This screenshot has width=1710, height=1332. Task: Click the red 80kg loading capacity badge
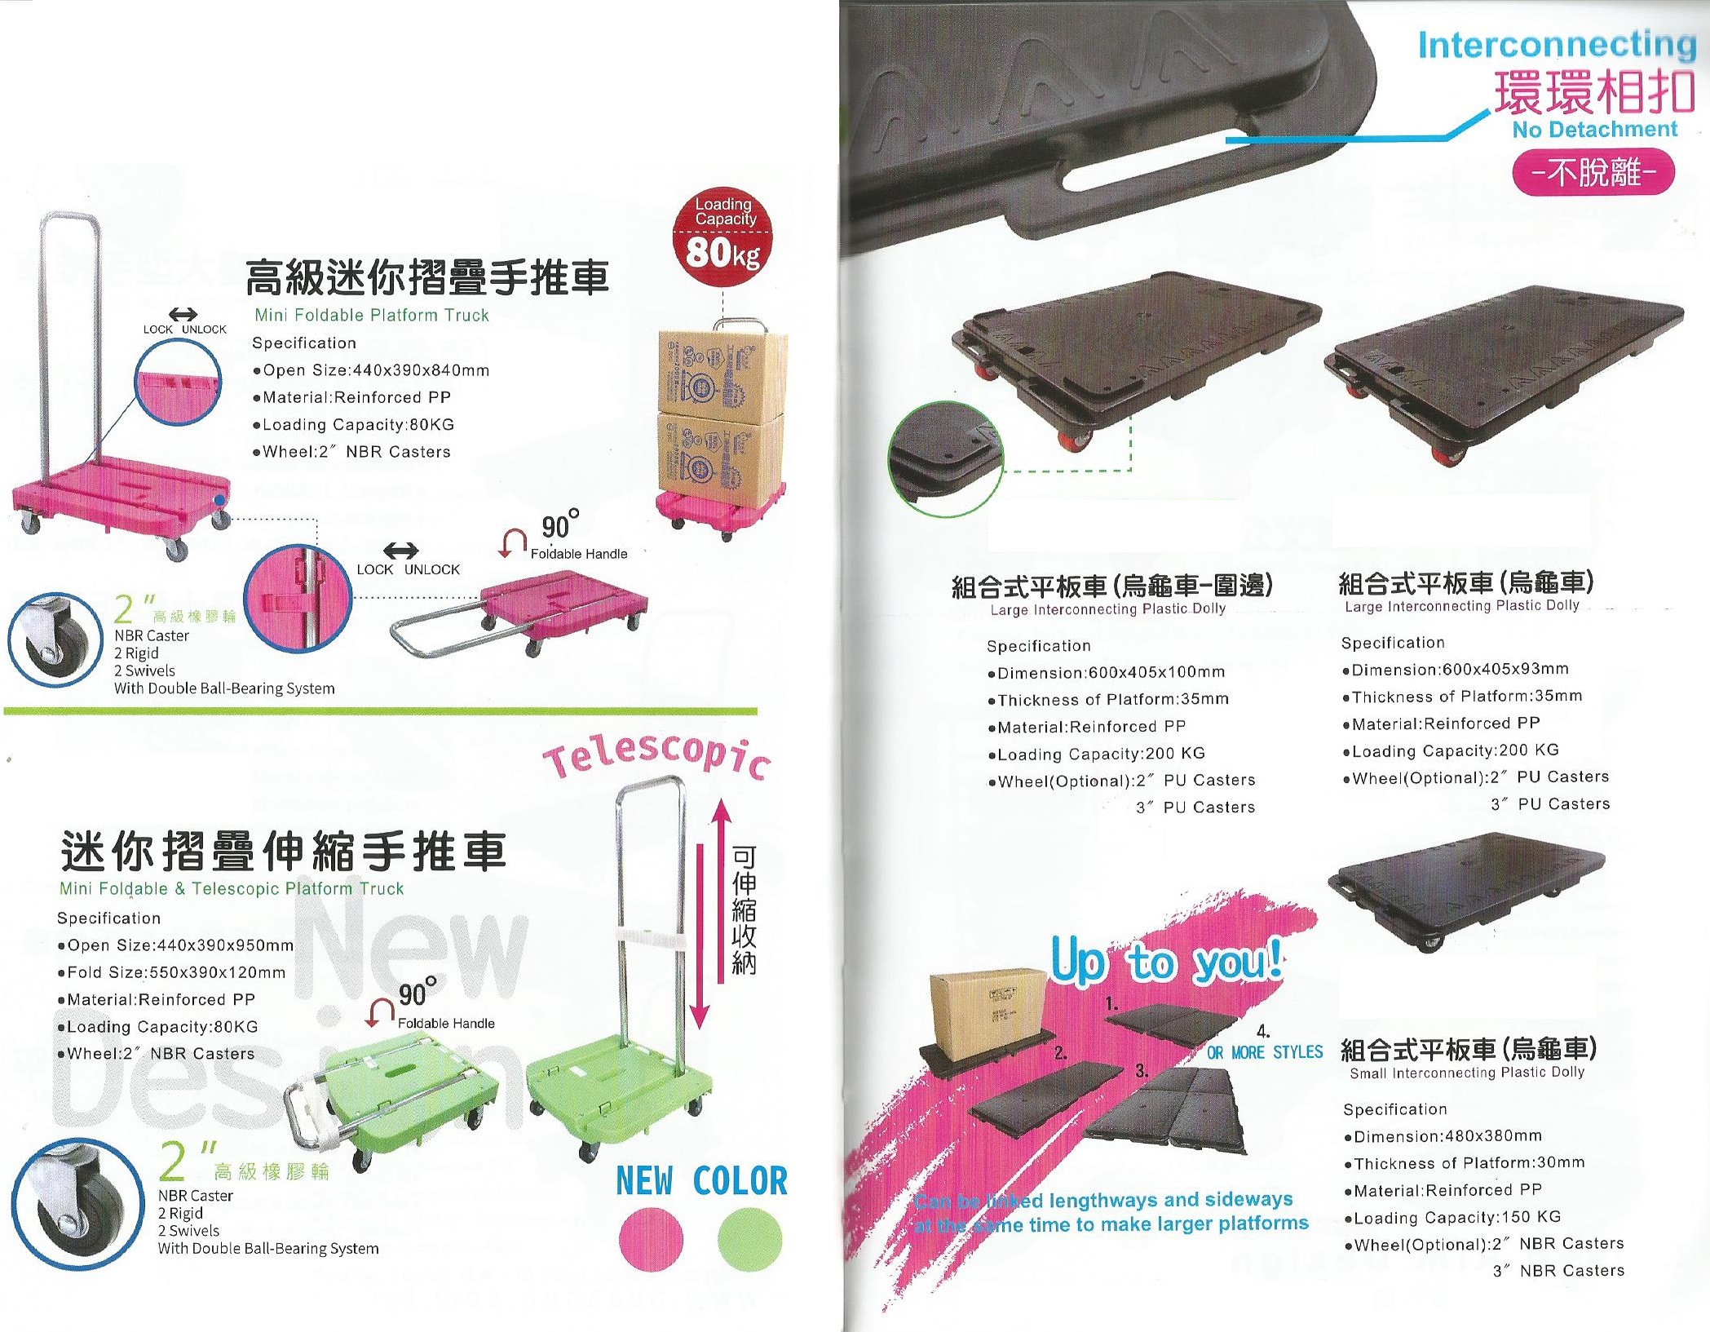(x=722, y=241)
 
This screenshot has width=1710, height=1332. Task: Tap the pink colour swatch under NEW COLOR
(x=650, y=1240)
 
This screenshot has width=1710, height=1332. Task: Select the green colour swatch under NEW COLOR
(x=750, y=1240)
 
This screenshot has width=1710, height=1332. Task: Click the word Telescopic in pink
(x=657, y=760)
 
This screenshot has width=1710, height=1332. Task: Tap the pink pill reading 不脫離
(x=1593, y=173)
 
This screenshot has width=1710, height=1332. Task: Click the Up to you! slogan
(x=1166, y=962)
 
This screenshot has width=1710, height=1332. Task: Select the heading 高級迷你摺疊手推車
(x=427, y=277)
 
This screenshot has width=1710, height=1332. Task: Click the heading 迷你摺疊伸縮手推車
(x=284, y=852)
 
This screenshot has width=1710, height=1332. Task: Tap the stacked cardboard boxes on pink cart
(x=722, y=412)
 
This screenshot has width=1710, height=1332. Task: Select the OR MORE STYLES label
(x=1265, y=1052)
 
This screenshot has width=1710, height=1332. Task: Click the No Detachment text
(x=1594, y=130)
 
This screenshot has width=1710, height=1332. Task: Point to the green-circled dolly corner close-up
(x=946, y=458)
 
